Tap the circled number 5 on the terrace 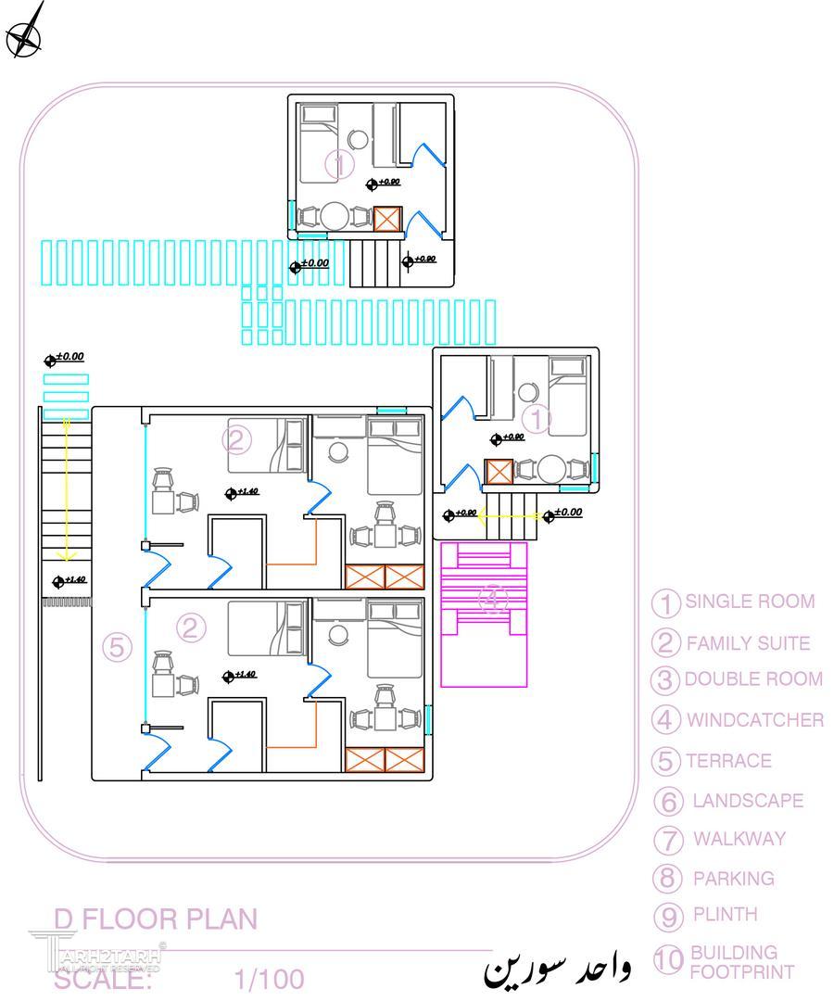[117, 648]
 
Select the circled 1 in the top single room [339, 165]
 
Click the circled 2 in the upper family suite [237, 440]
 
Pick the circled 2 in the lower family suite [191, 628]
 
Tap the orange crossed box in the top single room [387, 219]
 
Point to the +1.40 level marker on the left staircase [69, 580]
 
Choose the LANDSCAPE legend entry [747, 800]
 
